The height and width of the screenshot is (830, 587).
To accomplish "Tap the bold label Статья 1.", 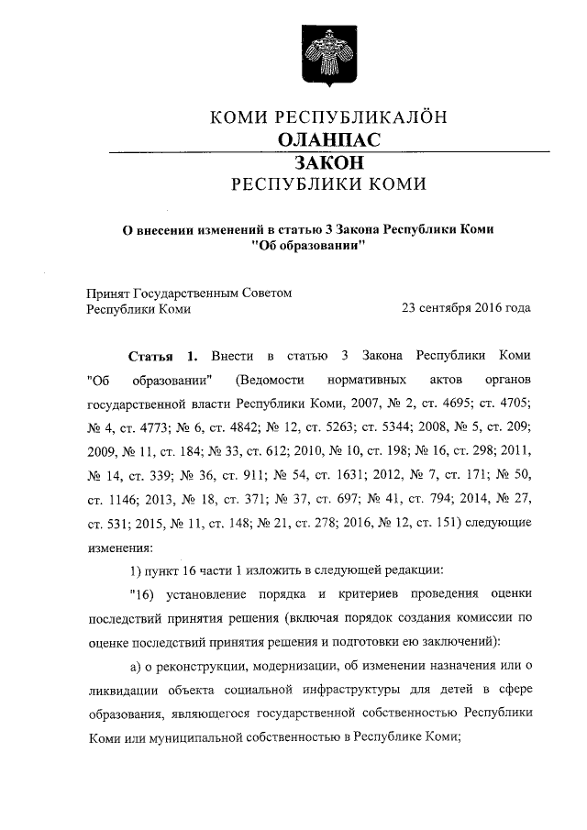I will [161, 355].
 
